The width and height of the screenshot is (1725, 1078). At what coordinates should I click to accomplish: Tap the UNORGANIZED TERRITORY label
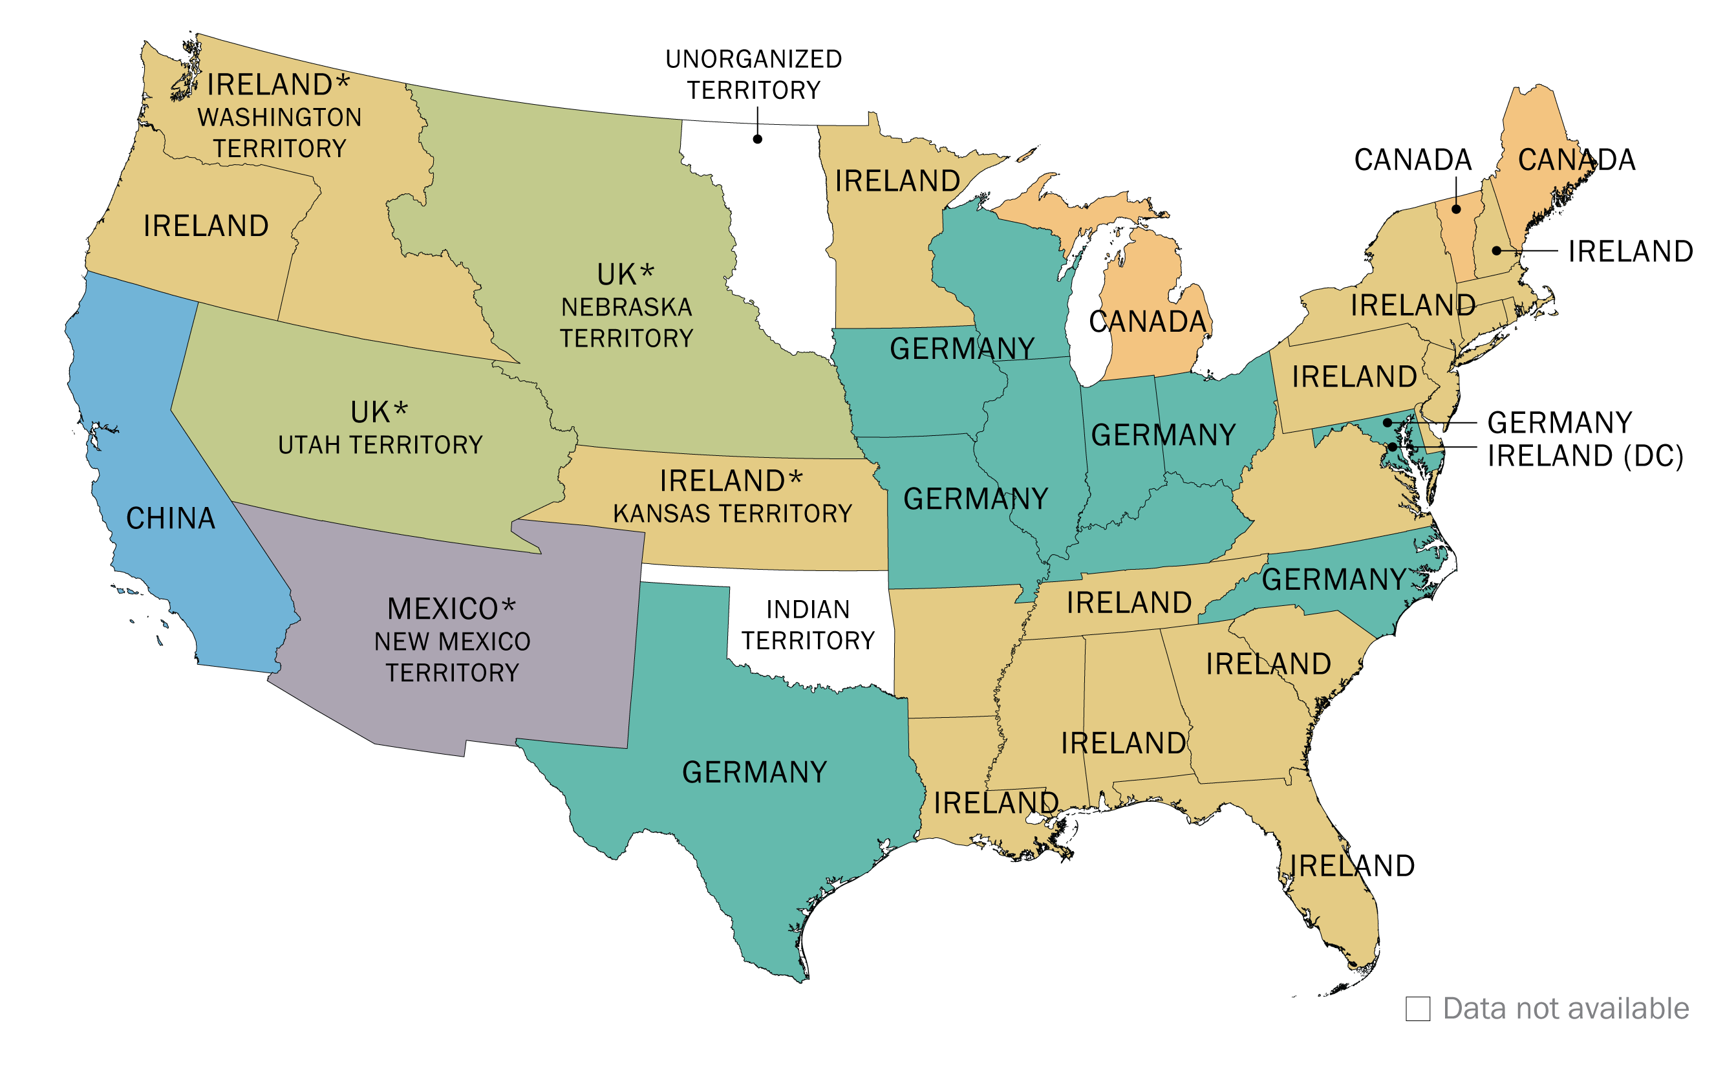[753, 74]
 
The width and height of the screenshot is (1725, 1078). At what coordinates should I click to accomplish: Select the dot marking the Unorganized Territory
[758, 139]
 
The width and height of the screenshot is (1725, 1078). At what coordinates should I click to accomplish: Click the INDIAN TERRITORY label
[808, 625]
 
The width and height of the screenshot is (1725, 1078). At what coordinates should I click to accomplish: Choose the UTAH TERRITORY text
[380, 445]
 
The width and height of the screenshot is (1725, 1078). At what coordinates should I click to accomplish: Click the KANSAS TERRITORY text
[732, 513]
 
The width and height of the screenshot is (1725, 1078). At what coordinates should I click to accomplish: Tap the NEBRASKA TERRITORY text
[626, 322]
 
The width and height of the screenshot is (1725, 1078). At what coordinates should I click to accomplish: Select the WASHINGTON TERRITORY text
[279, 133]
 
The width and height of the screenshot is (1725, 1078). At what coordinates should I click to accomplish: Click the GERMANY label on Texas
[754, 772]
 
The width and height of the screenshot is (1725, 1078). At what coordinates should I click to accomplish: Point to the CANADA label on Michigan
[1148, 321]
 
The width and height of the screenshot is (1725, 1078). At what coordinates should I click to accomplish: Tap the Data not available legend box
[1418, 1009]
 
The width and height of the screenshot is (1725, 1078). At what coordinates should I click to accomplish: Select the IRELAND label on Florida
[1351, 865]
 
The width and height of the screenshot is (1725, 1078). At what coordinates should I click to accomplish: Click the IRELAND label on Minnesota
[897, 181]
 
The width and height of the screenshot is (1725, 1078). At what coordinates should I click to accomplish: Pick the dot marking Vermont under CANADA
[1456, 209]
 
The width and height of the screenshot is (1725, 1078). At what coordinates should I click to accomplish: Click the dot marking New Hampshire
[1496, 250]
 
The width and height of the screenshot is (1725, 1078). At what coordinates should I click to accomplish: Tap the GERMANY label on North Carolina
[1334, 579]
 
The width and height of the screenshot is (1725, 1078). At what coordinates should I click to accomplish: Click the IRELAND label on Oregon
[206, 226]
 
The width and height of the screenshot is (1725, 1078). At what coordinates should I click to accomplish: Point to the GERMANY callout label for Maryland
[1559, 423]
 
